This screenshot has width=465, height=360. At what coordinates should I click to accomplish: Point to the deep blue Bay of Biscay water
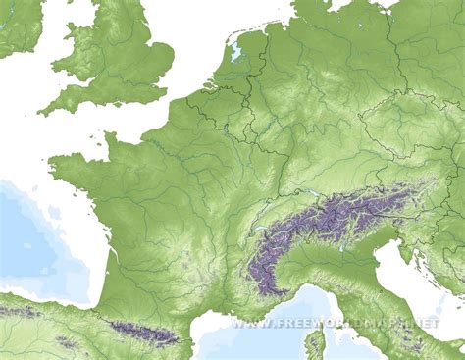click(39, 235)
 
